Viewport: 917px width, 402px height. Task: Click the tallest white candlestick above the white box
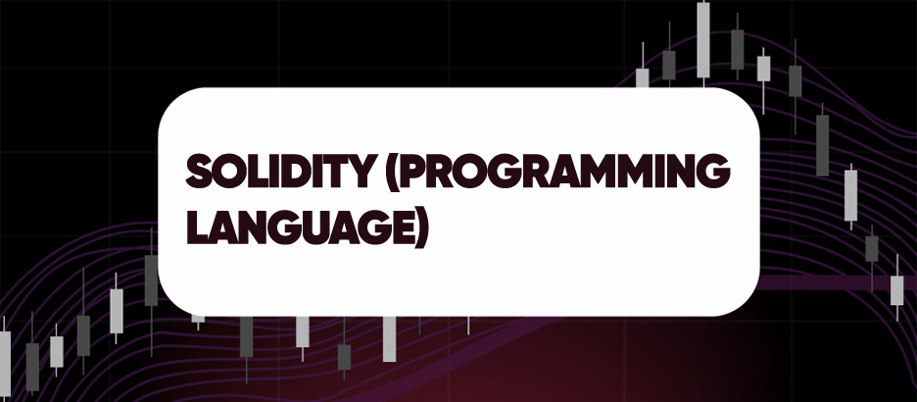click(703, 39)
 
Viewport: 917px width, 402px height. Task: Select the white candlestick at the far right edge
click(896, 289)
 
